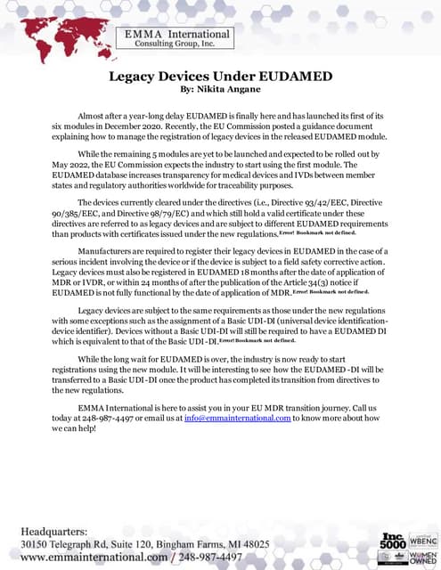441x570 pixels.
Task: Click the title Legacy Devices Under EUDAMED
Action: pyautogui.click(x=220, y=77)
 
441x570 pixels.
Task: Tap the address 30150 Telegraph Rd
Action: pyautogui.click(x=86, y=544)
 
